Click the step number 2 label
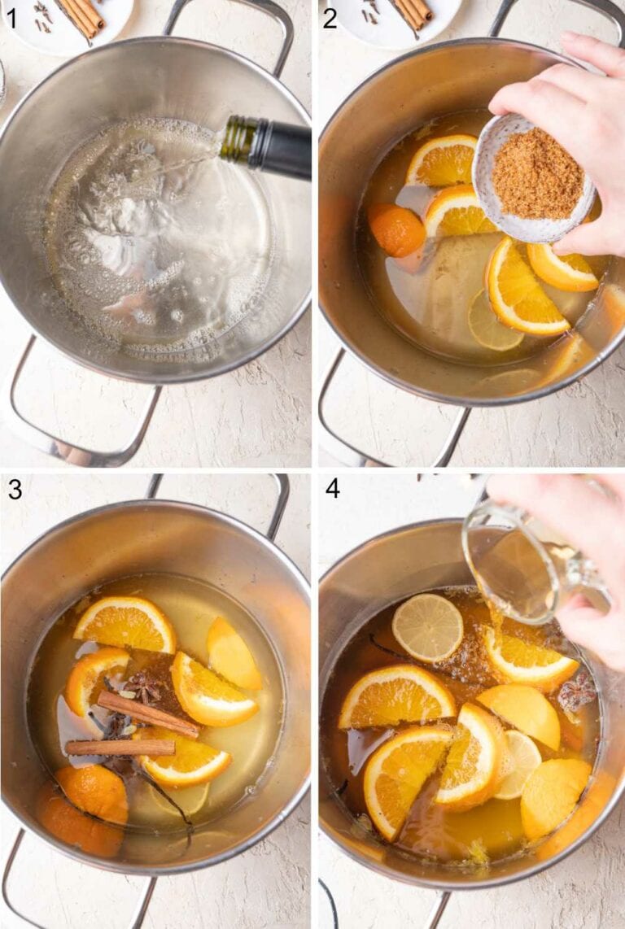pyautogui.click(x=330, y=17)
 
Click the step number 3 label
pyautogui.click(x=15, y=489)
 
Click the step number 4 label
pyautogui.click(x=332, y=489)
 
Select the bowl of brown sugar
pyautogui.click(x=533, y=177)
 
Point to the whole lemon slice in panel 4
pyautogui.click(x=427, y=626)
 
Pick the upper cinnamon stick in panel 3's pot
pyautogui.click(x=148, y=713)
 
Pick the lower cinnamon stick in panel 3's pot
pyautogui.click(x=120, y=747)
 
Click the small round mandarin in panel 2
pyautogui.click(x=396, y=229)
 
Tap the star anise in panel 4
pyautogui.click(x=577, y=692)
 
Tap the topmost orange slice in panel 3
pyautogui.click(x=125, y=623)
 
